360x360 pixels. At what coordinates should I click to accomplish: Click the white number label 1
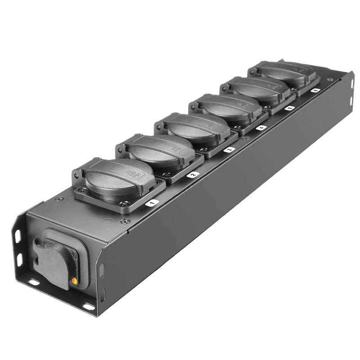coord(151,203)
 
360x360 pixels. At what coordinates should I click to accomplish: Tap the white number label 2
coord(193,175)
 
